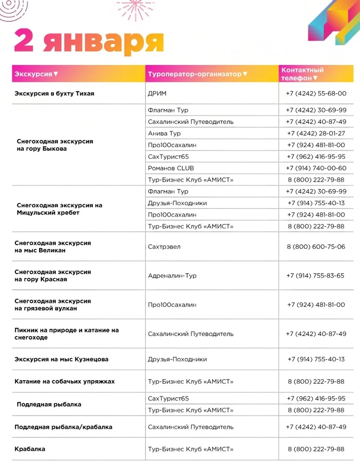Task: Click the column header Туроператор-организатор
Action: pos(194,74)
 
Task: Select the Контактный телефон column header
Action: pos(302,74)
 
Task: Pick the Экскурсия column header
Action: pos(33,74)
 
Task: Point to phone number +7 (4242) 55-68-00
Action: pos(316,94)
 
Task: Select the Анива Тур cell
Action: pos(164,134)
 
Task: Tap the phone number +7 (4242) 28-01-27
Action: pos(316,134)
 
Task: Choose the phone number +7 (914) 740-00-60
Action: pos(316,168)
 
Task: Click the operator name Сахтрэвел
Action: pos(164,247)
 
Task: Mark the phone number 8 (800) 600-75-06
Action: pos(316,247)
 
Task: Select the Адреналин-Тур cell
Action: pos(172,275)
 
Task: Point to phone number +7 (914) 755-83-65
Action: pos(316,275)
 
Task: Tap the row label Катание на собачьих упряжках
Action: pos(64,382)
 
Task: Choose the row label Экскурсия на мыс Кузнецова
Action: pos(61,360)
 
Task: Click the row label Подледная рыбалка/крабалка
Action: pos(63,427)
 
